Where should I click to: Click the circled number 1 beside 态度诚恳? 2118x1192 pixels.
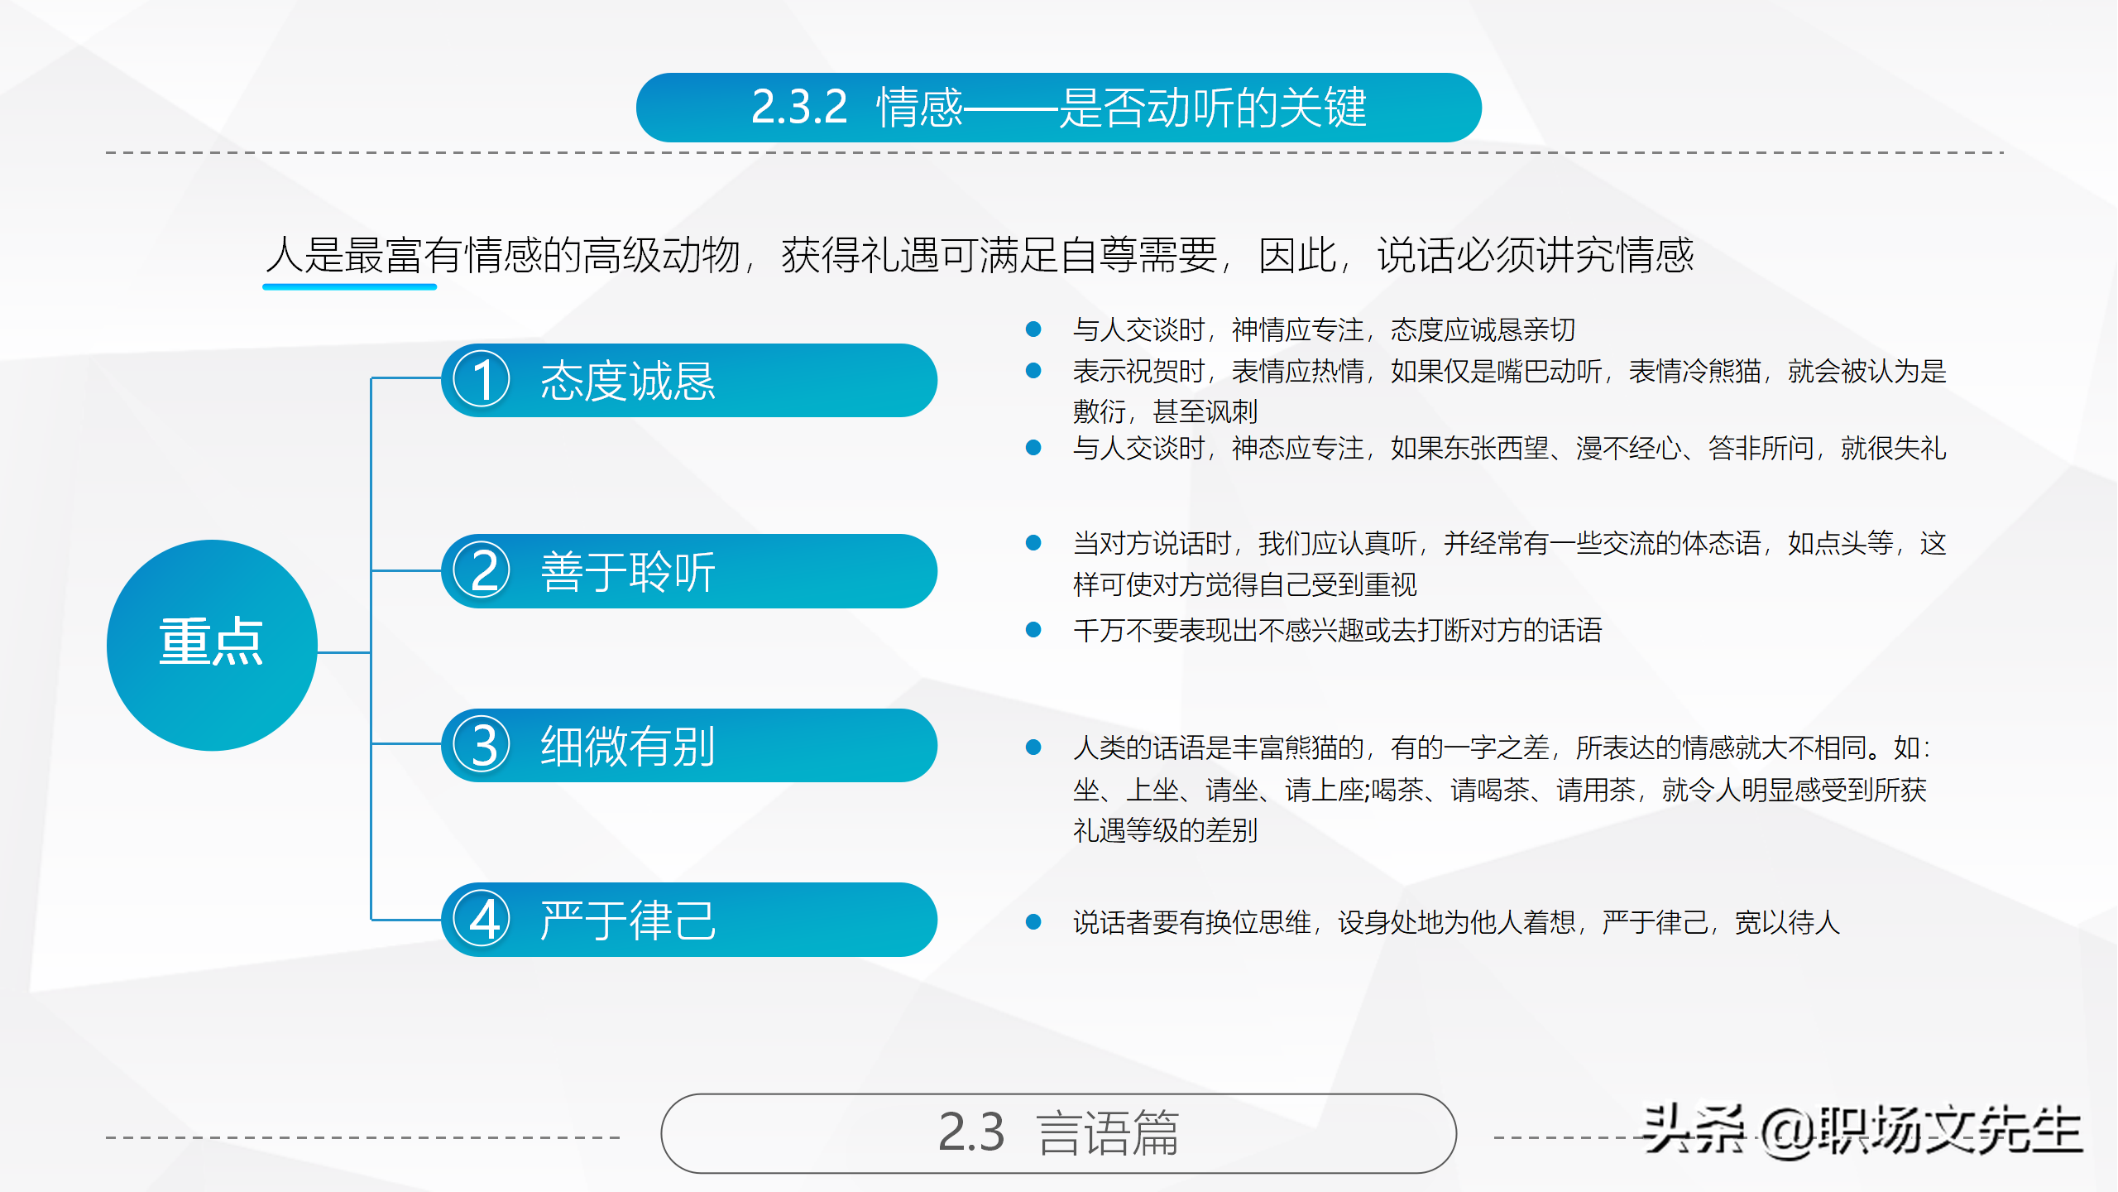click(482, 380)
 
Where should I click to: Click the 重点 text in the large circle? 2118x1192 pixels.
click(212, 642)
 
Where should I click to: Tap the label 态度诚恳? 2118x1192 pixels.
click(628, 382)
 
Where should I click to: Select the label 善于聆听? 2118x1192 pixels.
click(628, 572)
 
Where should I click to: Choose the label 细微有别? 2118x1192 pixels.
click(628, 747)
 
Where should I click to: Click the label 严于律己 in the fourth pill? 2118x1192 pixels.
click(628, 920)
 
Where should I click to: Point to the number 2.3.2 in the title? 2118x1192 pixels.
click(799, 108)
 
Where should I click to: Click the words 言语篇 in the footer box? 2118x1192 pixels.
click(1108, 1133)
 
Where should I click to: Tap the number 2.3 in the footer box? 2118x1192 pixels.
click(971, 1133)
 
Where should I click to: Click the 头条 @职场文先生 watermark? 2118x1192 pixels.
click(1862, 1130)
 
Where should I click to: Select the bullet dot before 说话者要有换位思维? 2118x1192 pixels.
click(1033, 922)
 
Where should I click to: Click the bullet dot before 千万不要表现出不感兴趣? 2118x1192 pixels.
click(1033, 630)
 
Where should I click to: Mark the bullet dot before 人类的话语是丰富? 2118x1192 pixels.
click(1033, 747)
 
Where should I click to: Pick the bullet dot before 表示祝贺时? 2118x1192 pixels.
click(1033, 371)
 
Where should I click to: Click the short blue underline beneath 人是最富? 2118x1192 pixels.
click(349, 286)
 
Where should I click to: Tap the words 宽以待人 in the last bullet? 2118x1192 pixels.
click(1787, 922)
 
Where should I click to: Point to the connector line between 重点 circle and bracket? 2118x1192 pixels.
click(344, 652)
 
